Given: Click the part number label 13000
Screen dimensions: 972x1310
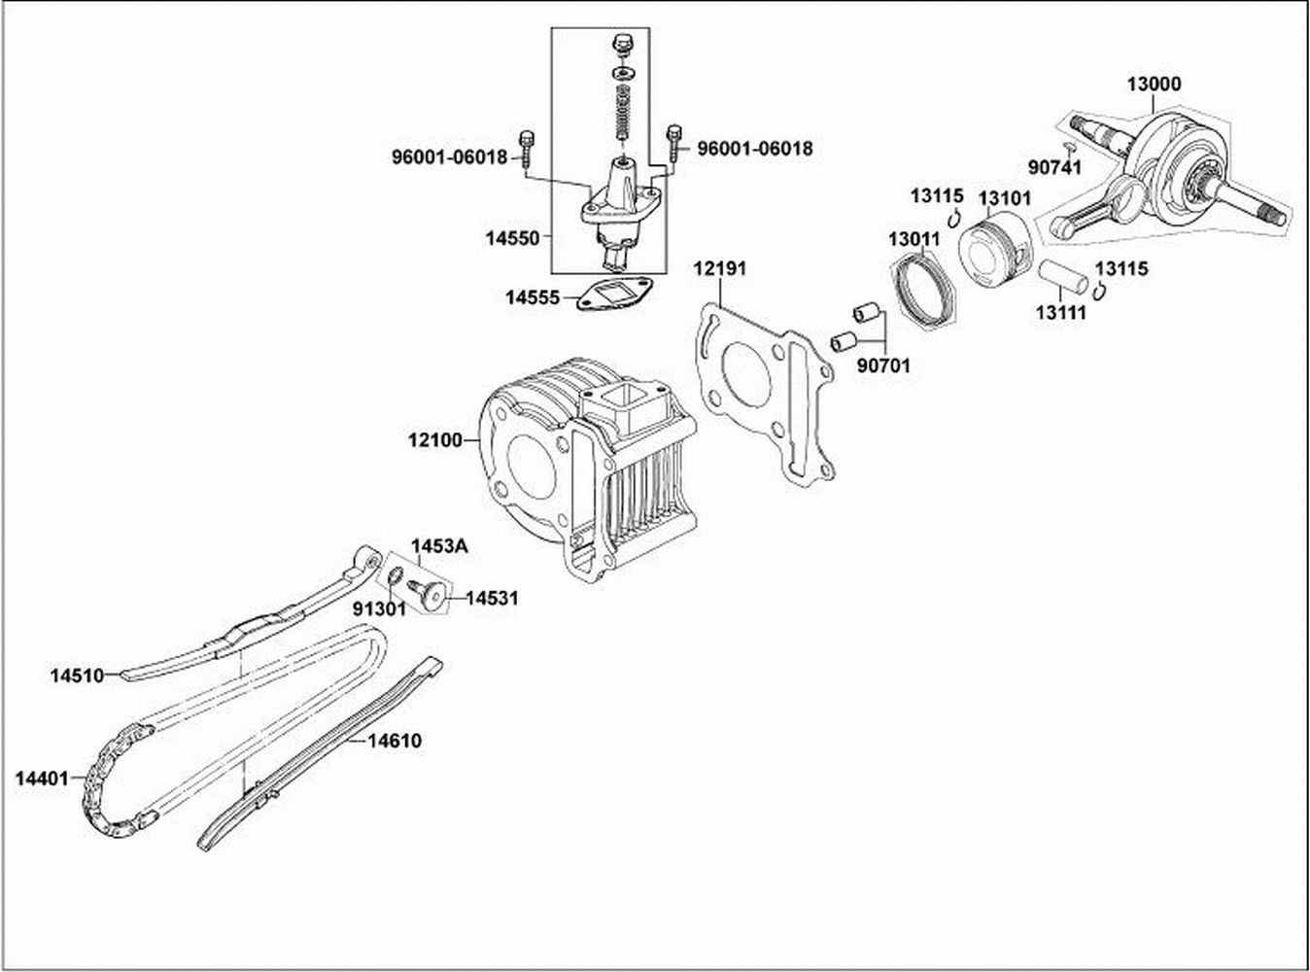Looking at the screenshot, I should coord(1154,85).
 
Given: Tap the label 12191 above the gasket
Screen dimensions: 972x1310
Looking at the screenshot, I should coord(719,269).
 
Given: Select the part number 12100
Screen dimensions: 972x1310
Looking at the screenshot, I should coord(435,440).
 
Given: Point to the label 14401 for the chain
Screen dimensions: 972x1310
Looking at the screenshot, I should coord(42,778).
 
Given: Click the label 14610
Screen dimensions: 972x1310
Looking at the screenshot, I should coord(394,741).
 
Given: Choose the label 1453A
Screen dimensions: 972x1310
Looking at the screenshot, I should coord(438,547).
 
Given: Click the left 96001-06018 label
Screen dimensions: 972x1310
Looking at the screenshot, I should coord(450,156).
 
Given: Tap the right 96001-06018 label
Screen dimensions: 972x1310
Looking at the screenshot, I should coord(755,149).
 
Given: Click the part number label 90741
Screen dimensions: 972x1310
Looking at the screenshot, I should coord(1050,167).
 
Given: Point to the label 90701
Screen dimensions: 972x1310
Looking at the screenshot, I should coord(883,367).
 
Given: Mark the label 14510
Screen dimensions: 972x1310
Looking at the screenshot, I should coord(77,675).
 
